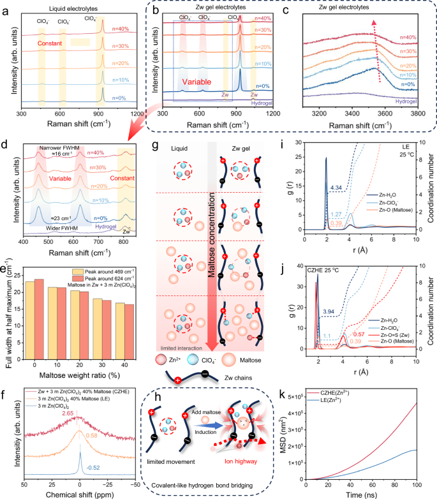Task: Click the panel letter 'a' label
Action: point(6,8)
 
